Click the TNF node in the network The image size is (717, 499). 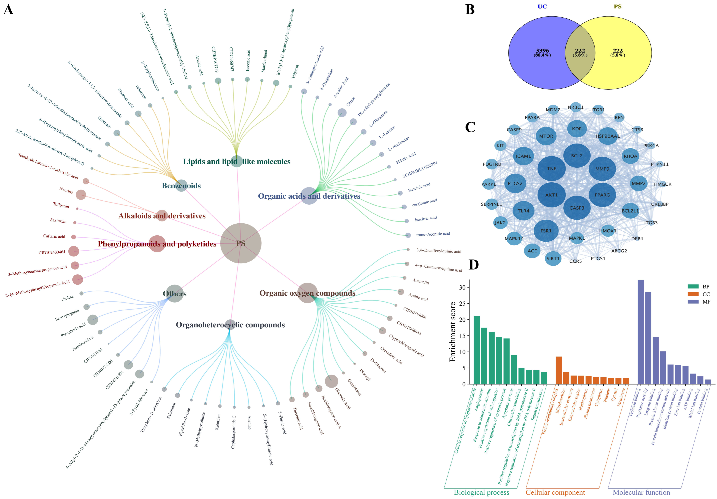coord(552,169)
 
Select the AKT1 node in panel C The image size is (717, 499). coord(552,195)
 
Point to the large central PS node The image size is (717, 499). coord(241,243)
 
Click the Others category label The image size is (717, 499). coord(175,294)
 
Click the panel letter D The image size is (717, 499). coord(474,265)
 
